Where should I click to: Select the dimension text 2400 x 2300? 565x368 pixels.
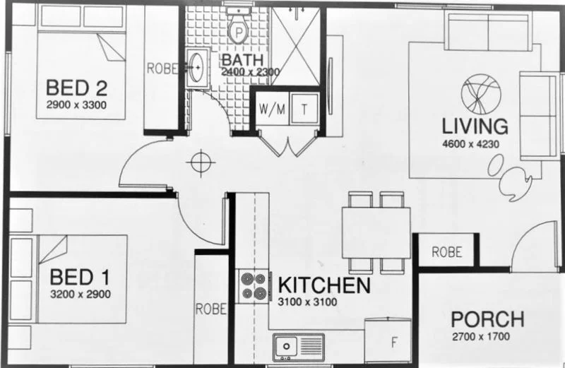point(250,71)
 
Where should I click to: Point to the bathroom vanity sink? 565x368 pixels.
point(196,69)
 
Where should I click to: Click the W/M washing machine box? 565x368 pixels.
point(270,109)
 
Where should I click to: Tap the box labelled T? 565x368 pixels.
point(304,109)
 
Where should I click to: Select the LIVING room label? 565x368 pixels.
point(475,126)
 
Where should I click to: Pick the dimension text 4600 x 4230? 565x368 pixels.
point(475,144)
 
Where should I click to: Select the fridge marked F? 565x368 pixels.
point(395,343)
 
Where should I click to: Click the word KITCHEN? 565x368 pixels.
point(324,286)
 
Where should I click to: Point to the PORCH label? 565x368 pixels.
point(487,319)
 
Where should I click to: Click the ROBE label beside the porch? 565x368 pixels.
point(446,251)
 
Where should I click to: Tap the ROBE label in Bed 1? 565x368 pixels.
point(210,309)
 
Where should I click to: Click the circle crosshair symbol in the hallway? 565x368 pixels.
point(200,162)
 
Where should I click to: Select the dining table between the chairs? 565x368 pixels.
point(375,232)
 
